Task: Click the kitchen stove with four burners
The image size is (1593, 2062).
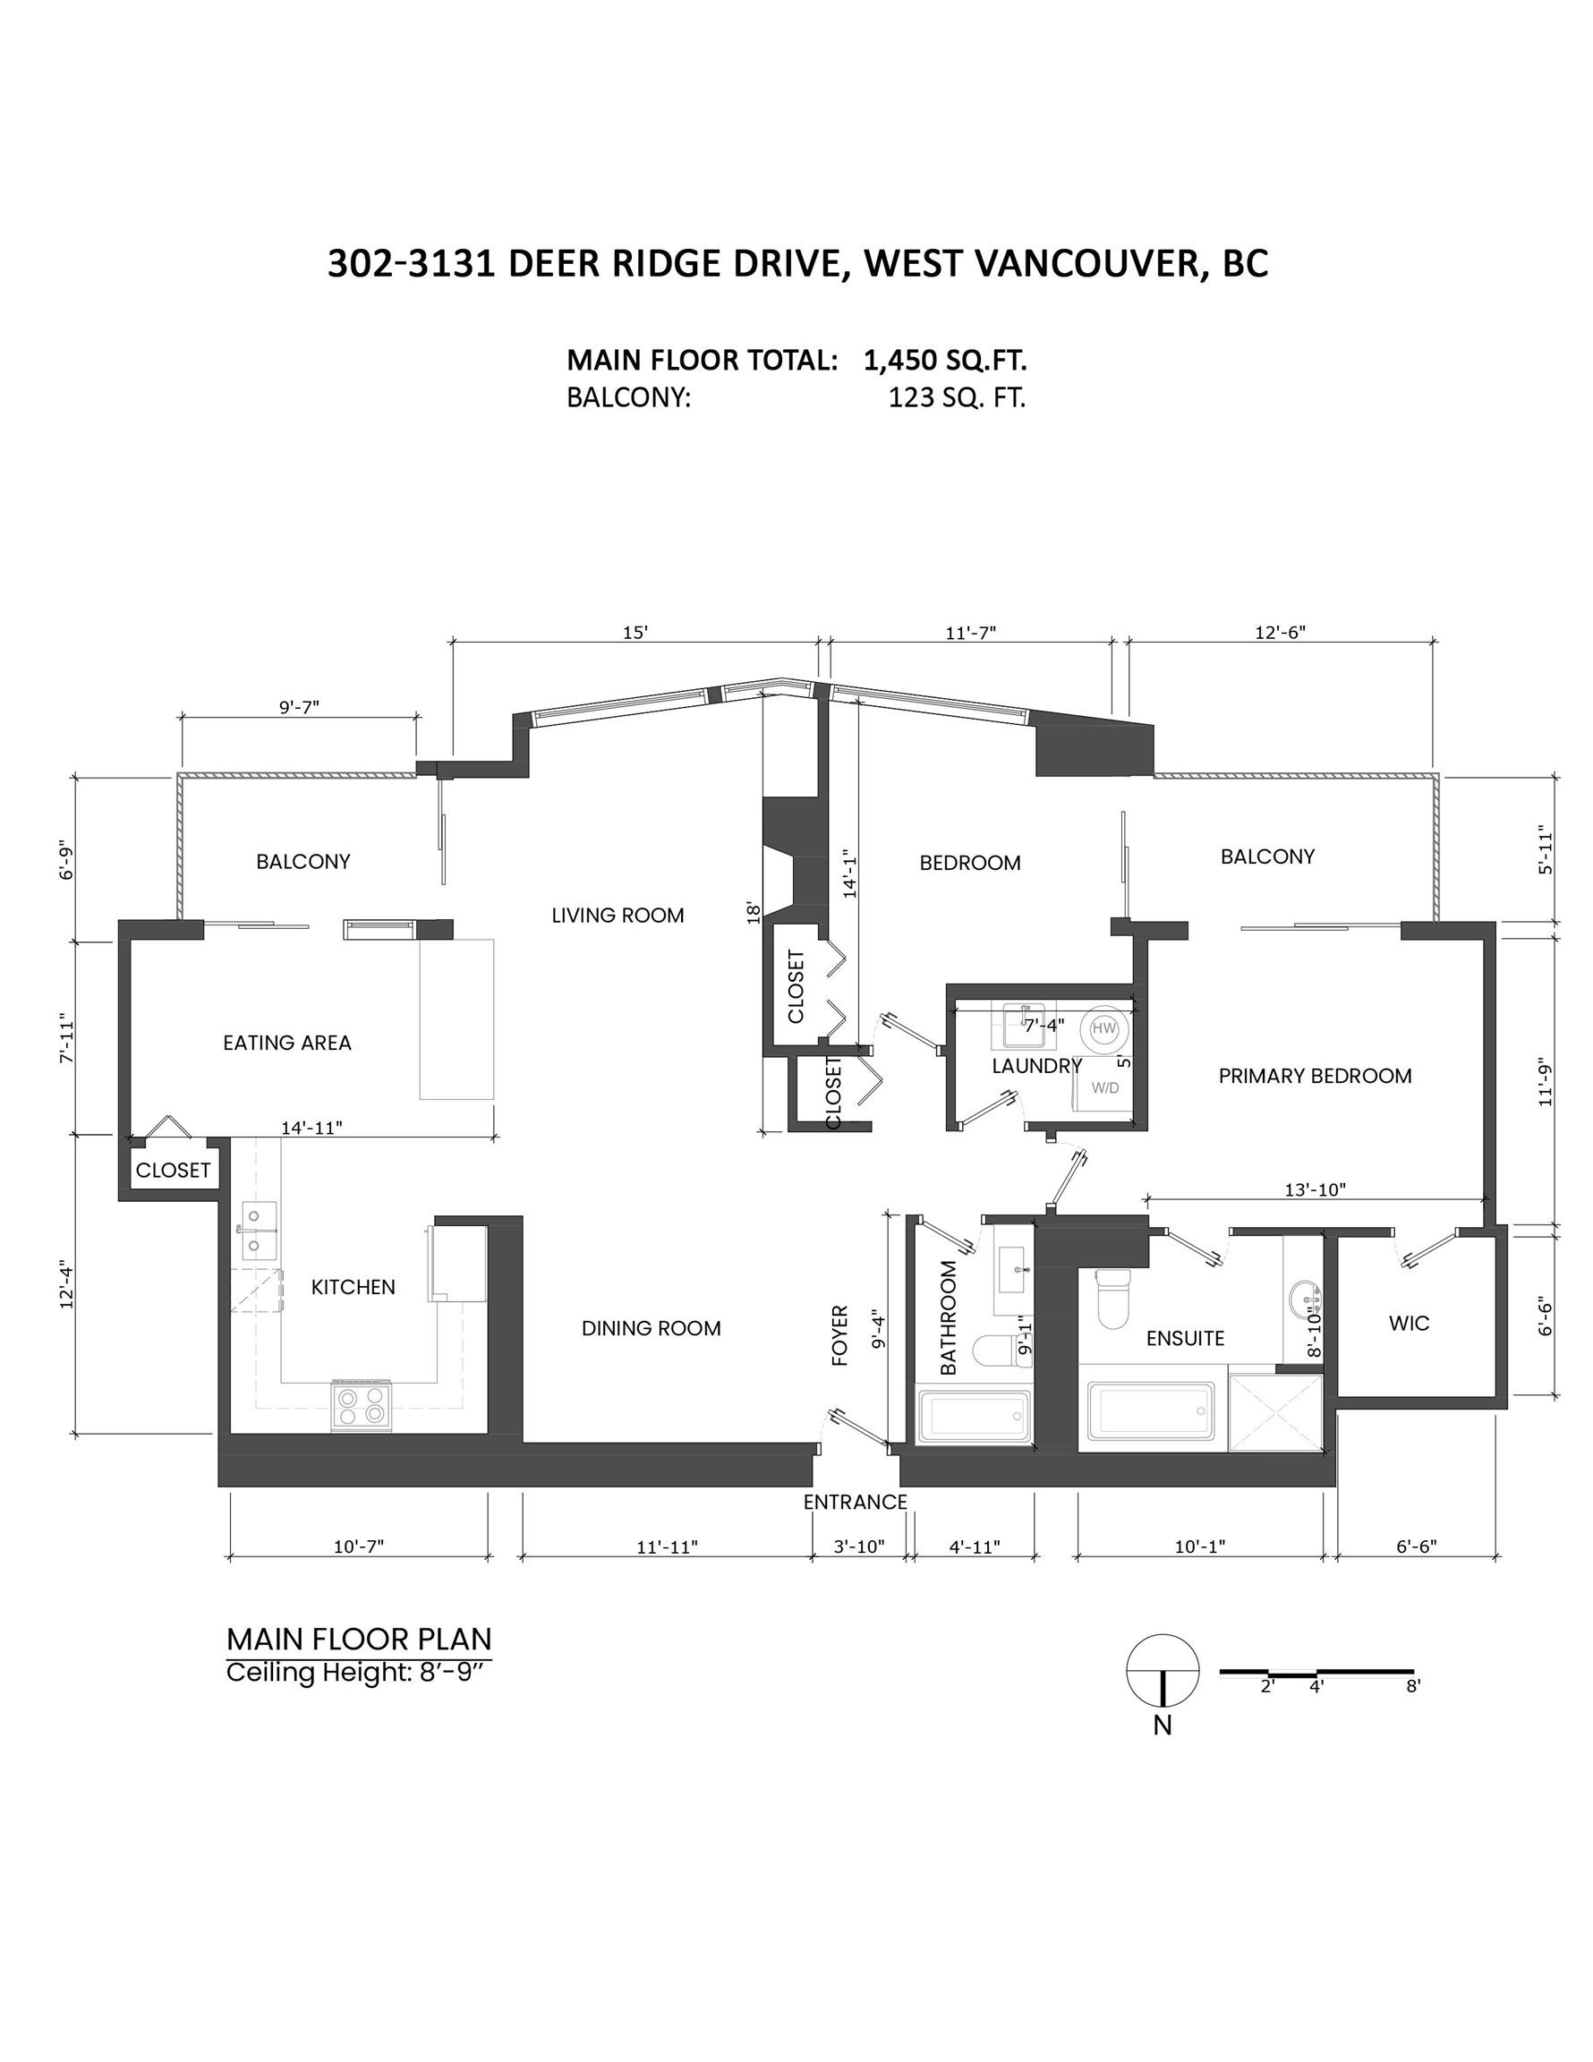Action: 362,1405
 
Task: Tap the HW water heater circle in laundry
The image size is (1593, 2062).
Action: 1103,1028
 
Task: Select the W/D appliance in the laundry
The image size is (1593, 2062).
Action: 1103,1087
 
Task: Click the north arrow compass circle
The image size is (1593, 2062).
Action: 1163,1670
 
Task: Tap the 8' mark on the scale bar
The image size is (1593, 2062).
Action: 1412,1686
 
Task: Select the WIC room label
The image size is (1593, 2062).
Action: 1409,1324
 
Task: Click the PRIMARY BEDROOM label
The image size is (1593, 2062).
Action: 1315,1077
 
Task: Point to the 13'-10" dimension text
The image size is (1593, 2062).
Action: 1315,1190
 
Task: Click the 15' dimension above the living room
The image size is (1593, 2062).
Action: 635,633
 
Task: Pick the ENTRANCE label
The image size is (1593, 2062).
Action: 855,1502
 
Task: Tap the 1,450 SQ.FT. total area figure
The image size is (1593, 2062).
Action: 945,360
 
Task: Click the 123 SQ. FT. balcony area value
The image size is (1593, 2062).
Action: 957,397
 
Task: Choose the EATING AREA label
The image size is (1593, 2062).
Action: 287,1044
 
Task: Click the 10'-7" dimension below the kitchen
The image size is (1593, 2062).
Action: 359,1546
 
